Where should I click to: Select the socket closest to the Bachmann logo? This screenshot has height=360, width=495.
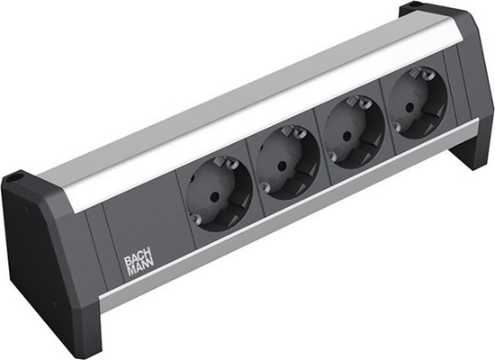coord(216,193)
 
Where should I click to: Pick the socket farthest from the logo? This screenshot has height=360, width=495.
coord(414,107)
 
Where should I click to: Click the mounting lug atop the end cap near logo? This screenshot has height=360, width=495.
coord(14,179)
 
